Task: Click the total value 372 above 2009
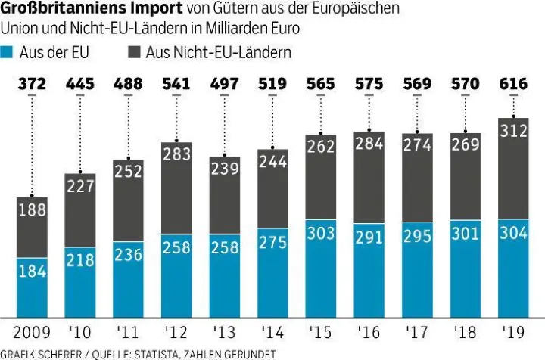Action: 32,84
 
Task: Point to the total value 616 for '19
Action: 512,84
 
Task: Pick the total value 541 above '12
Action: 176,84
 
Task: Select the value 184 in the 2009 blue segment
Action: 32,270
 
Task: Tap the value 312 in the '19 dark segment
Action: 512,132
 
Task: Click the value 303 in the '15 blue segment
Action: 320,232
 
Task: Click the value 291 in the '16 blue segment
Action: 368,236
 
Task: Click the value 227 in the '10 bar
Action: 79,185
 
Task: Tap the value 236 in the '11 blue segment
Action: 128,254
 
